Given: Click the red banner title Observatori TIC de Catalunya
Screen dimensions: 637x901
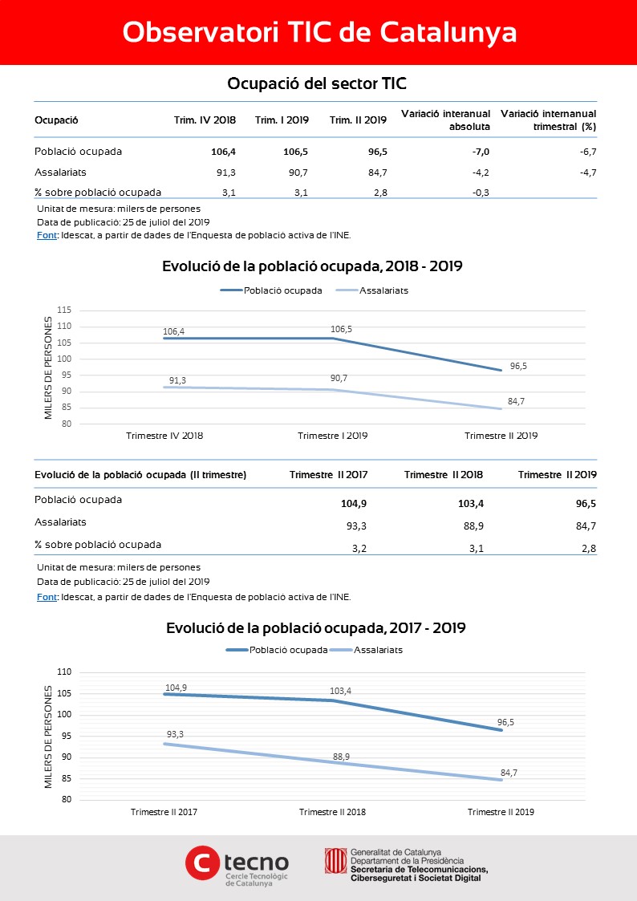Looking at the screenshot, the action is click(x=319, y=33).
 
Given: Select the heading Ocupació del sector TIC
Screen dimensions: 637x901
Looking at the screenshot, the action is click(x=316, y=84).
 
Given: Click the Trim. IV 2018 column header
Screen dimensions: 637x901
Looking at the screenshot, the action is click(x=205, y=120).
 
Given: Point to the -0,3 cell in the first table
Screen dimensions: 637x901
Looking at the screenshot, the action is click(x=481, y=193).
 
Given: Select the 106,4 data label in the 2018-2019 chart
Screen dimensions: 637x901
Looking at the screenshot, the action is click(x=174, y=331).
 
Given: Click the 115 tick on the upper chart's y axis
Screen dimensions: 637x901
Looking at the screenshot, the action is click(x=64, y=310).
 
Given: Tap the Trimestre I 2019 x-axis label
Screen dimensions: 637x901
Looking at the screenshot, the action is click(x=333, y=436).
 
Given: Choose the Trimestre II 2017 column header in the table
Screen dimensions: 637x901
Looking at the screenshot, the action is click(x=329, y=475).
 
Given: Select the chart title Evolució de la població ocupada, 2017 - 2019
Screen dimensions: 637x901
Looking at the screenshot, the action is click(x=316, y=628).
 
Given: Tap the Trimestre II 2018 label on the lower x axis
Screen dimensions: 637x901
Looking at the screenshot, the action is click(x=332, y=812).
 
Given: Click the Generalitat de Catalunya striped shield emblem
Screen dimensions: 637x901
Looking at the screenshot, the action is click(x=335, y=861).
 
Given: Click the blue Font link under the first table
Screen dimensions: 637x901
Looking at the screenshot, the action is click(x=47, y=235).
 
